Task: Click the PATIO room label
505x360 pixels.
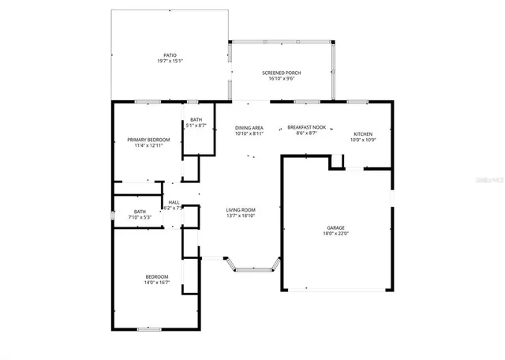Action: (170, 54)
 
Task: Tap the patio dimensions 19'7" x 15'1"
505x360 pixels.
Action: (170, 61)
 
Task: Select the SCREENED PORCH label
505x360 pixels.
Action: (282, 73)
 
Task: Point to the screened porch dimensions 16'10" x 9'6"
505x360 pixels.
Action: (282, 79)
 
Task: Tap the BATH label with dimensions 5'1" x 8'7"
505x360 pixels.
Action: (196, 119)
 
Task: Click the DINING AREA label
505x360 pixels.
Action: (249, 127)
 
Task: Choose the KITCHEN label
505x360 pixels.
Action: (363, 134)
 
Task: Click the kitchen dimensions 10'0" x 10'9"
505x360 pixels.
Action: (363, 141)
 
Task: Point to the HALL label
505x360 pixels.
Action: (174, 203)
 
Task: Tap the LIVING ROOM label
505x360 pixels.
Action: (241, 209)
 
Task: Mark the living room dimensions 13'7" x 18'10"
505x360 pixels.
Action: (241, 216)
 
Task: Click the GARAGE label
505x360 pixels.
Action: (335, 227)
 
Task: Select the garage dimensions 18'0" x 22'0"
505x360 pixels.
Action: (335, 233)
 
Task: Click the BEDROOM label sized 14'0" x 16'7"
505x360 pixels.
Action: (156, 276)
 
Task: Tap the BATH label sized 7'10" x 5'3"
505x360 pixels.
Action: (140, 211)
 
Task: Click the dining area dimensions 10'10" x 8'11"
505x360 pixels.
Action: (249, 133)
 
